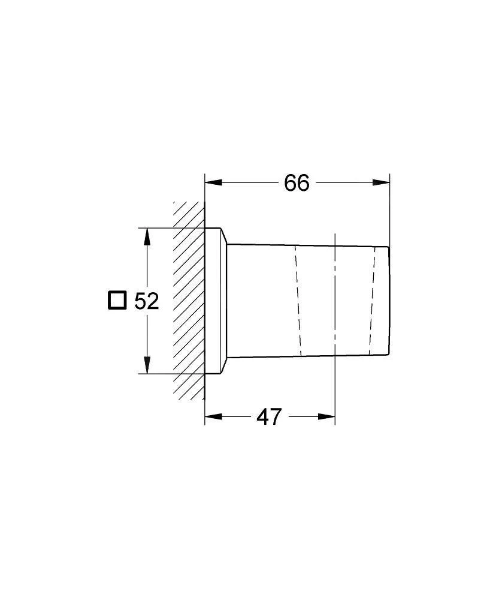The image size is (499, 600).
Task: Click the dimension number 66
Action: tap(297, 183)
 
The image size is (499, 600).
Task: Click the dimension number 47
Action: tap(269, 417)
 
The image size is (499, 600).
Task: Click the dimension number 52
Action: tap(146, 301)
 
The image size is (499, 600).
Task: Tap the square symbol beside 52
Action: tap(117, 300)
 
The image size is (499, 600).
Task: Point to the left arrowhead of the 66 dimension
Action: tap(214, 183)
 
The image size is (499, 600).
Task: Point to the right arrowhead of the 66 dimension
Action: tap(381, 183)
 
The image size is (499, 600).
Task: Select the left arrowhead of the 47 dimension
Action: tap(214, 416)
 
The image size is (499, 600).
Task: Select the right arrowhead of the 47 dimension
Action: tap(326, 416)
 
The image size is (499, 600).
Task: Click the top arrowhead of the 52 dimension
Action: tap(147, 236)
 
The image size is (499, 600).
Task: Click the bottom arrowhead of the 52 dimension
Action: tap(147, 365)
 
